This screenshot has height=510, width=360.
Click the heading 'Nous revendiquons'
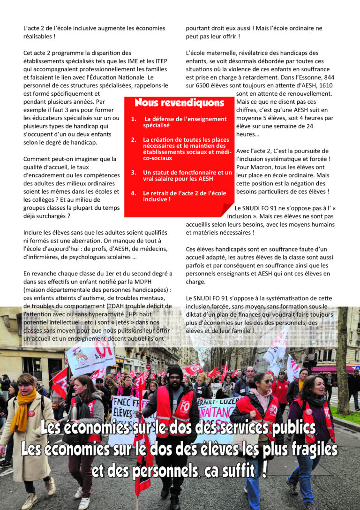[x=179, y=103]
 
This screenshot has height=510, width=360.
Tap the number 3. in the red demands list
[x=134, y=173]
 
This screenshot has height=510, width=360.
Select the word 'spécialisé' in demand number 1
[x=157, y=125]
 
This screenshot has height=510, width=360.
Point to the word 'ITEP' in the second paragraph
[x=159, y=61]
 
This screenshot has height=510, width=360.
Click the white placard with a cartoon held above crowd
[x=90, y=355]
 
